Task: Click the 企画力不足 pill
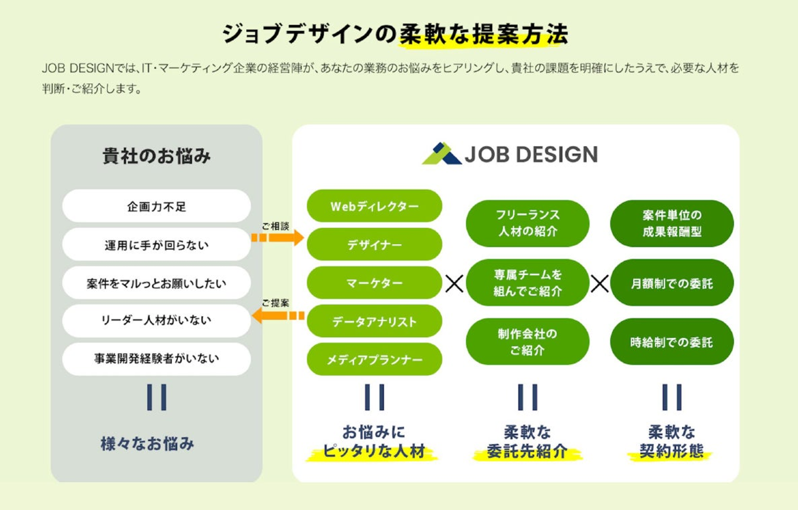click(156, 206)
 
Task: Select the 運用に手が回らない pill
click(156, 245)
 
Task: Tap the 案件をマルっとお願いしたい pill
click(156, 283)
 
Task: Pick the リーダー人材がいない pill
click(156, 320)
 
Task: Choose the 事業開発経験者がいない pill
click(156, 358)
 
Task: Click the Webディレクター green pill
click(375, 206)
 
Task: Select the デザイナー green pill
click(375, 245)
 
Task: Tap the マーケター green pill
click(375, 283)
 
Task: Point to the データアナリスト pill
click(375, 321)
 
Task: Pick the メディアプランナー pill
click(375, 360)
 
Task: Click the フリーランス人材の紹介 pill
click(528, 223)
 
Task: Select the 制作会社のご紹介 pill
click(528, 342)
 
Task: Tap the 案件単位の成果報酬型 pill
click(672, 223)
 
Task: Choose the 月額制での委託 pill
click(672, 283)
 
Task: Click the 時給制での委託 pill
click(672, 342)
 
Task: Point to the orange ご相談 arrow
click(278, 238)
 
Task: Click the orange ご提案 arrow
click(278, 315)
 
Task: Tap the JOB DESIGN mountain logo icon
click(441, 154)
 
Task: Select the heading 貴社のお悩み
click(156, 156)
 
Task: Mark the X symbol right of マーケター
click(454, 284)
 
